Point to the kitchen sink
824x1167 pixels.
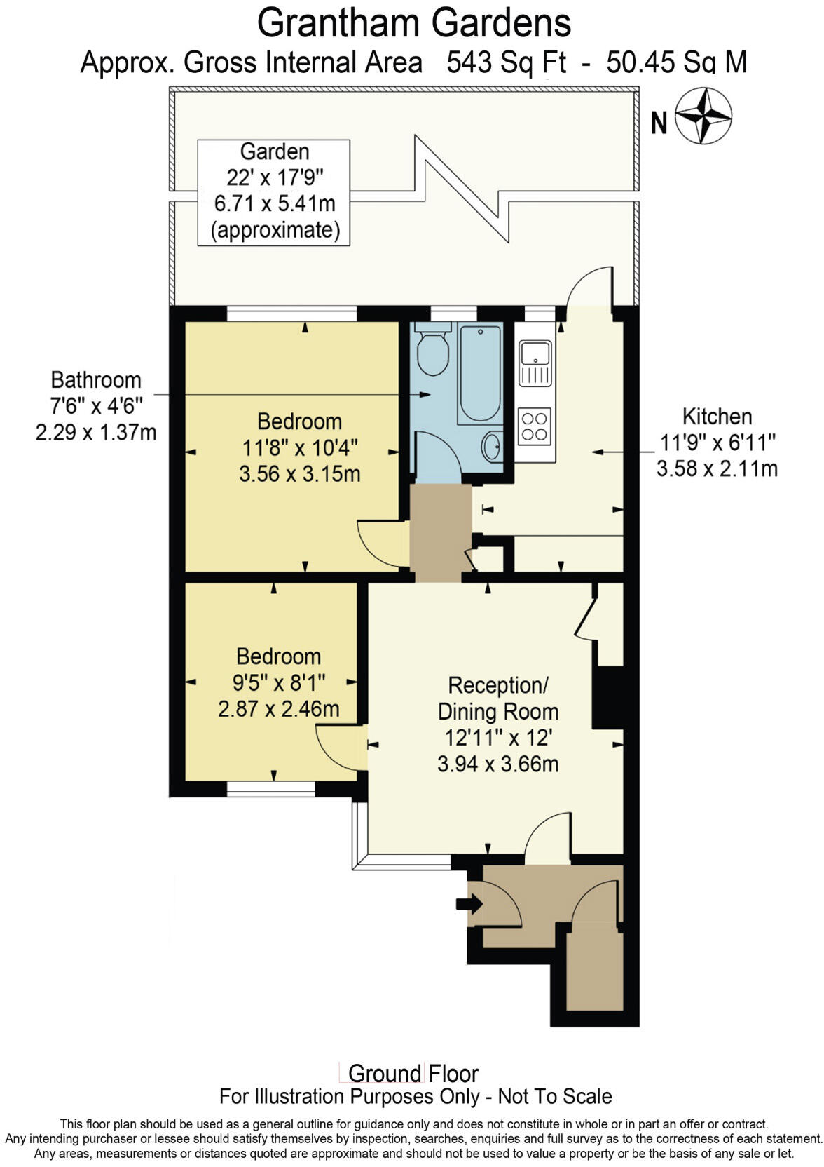pos(535,363)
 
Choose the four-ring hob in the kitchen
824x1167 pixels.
pos(535,426)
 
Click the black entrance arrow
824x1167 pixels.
pos(469,904)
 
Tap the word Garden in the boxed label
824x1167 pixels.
pos(274,151)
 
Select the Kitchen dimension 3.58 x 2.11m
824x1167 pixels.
pos(716,468)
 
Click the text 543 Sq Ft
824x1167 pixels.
pos(505,62)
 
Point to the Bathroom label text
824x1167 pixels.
pos(96,380)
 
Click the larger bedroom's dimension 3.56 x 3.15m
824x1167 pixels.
pos(299,474)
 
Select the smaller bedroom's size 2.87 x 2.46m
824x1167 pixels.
pos(278,709)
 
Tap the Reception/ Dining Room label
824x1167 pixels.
pos(497,698)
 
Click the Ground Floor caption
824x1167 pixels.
pos(413,1073)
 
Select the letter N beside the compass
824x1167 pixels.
pos(659,123)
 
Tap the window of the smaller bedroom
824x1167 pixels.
pos(271,790)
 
